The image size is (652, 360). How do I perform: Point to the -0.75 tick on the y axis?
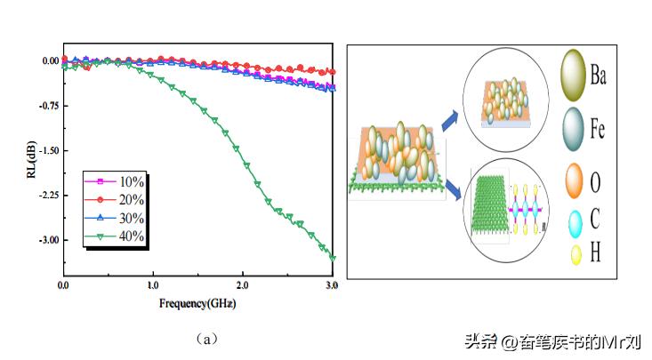pos(45,106)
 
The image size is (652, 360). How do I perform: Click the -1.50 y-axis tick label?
pos(45,150)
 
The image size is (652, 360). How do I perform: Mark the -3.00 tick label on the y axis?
pos(45,240)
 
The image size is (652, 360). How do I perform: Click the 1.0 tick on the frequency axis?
pos(153,284)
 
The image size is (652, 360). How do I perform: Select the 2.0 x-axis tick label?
pos(243,284)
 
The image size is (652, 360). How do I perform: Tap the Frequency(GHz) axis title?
pos(197,302)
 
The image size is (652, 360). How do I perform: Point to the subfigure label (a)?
pos(205,339)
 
